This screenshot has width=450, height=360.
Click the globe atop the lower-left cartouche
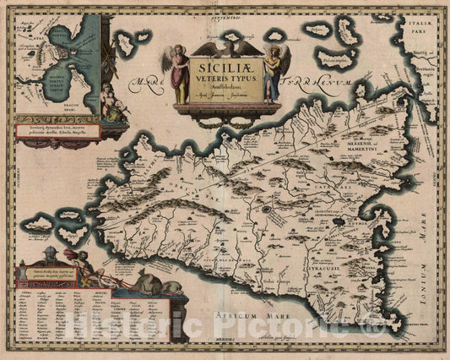click(50, 254)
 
